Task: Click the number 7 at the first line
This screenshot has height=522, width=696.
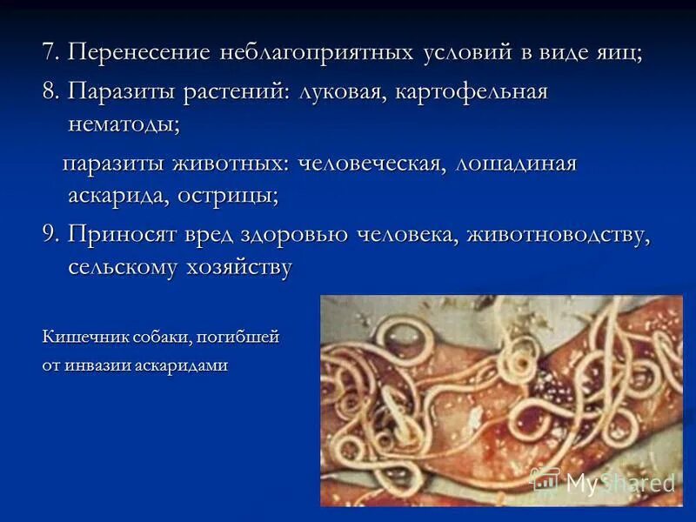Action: (x=50, y=52)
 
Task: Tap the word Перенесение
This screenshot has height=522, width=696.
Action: (x=139, y=52)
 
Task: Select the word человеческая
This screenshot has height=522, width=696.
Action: (x=370, y=164)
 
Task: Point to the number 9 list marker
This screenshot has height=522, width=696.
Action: (x=50, y=235)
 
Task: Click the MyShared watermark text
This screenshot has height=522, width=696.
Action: (x=619, y=483)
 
